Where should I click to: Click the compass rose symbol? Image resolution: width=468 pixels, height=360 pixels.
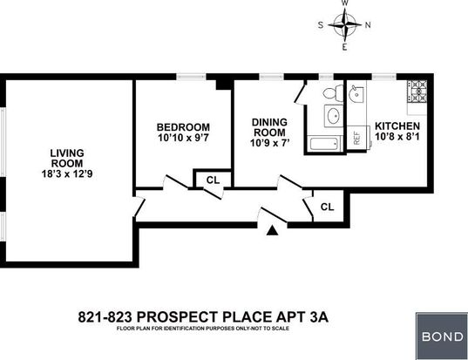(345, 25)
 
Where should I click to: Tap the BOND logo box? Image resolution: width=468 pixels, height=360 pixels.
(442, 336)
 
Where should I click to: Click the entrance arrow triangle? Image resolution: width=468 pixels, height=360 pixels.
(272, 230)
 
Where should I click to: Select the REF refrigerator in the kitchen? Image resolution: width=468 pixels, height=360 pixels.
(356, 138)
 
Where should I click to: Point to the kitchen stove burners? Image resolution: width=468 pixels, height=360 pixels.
(417, 92)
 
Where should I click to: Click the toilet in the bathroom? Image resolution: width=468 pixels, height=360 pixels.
(334, 92)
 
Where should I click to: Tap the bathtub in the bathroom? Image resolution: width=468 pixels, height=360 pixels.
(325, 144)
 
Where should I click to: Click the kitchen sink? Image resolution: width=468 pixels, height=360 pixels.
(356, 94)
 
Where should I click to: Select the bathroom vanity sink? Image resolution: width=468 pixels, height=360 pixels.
(334, 116)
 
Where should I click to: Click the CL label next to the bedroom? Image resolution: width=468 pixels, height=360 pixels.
(214, 180)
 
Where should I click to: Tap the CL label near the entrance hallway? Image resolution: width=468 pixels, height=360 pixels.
(327, 207)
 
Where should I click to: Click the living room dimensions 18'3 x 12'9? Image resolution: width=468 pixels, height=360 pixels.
(67, 173)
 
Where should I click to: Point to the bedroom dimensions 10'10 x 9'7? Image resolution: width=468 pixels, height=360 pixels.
(183, 138)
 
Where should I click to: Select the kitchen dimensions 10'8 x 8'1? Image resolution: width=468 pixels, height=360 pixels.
(397, 137)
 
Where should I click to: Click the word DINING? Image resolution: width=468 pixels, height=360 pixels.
(269, 122)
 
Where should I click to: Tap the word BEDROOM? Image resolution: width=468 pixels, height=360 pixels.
(183, 127)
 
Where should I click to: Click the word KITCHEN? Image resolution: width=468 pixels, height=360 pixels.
(397, 126)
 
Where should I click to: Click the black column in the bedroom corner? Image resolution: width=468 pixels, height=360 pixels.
(224, 85)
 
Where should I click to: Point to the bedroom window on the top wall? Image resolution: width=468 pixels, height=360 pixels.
(191, 77)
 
